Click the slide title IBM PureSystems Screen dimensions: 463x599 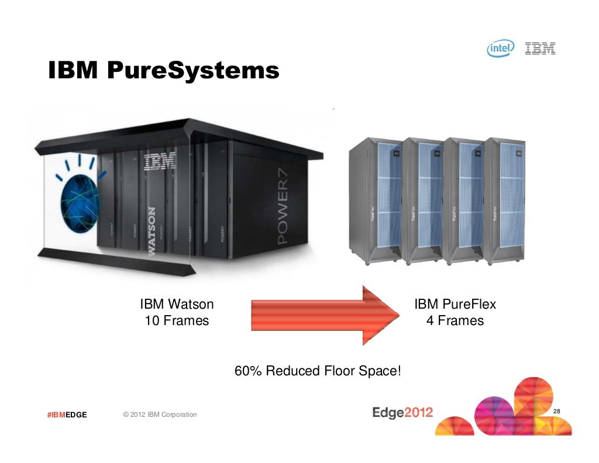(x=163, y=71)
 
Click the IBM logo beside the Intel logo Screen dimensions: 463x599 (x=540, y=49)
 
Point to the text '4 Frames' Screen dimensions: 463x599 (x=455, y=320)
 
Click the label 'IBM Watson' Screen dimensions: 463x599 (x=177, y=304)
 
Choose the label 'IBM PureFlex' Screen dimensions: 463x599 (x=455, y=304)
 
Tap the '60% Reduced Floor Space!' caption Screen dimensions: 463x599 (x=318, y=371)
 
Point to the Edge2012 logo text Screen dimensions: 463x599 (x=402, y=413)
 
